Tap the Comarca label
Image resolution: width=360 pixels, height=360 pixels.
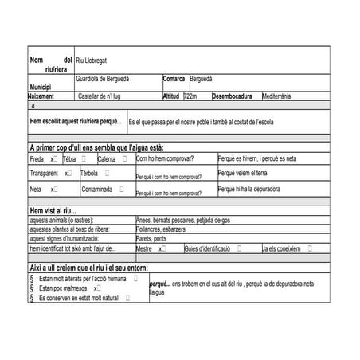(174, 79)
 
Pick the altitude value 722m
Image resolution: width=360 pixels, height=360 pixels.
(190, 96)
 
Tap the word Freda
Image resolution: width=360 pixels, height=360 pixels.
(36, 159)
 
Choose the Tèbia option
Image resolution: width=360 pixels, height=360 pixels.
(69, 159)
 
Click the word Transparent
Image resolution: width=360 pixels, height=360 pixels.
(44, 173)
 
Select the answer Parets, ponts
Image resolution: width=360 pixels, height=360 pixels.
(151, 238)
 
